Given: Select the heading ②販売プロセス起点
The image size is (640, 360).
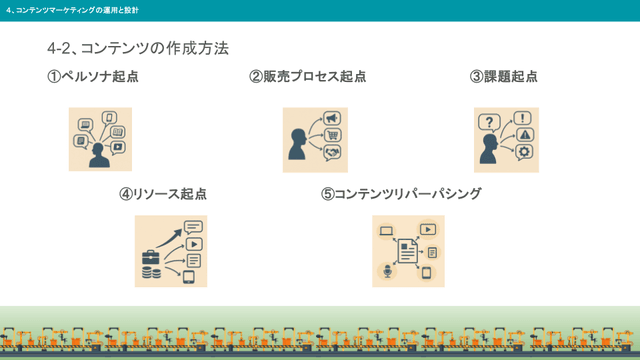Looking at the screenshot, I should pyautogui.click(x=308, y=77).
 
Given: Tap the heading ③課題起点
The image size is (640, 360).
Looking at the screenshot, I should pyautogui.click(x=504, y=77).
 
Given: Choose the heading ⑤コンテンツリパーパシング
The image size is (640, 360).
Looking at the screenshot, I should pyautogui.click(x=401, y=193).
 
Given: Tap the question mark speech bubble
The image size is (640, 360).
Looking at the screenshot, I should pyautogui.click(x=490, y=122).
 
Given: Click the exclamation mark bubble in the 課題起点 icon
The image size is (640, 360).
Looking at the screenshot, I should pyautogui.click(x=523, y=118).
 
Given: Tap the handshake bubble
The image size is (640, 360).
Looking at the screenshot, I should pyautogui.click(x=332, y=152).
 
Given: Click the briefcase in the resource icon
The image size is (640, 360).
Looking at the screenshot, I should pyautogui.click(x=150, y=257).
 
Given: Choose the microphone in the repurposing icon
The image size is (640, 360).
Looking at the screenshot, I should pyautogui.click(x=387, y=271).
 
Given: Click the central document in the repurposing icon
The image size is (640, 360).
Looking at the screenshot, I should pyautogui.click(x=407, y=250).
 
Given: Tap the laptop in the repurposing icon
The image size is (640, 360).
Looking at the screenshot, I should pyautogui.click(x=387, y=232).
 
